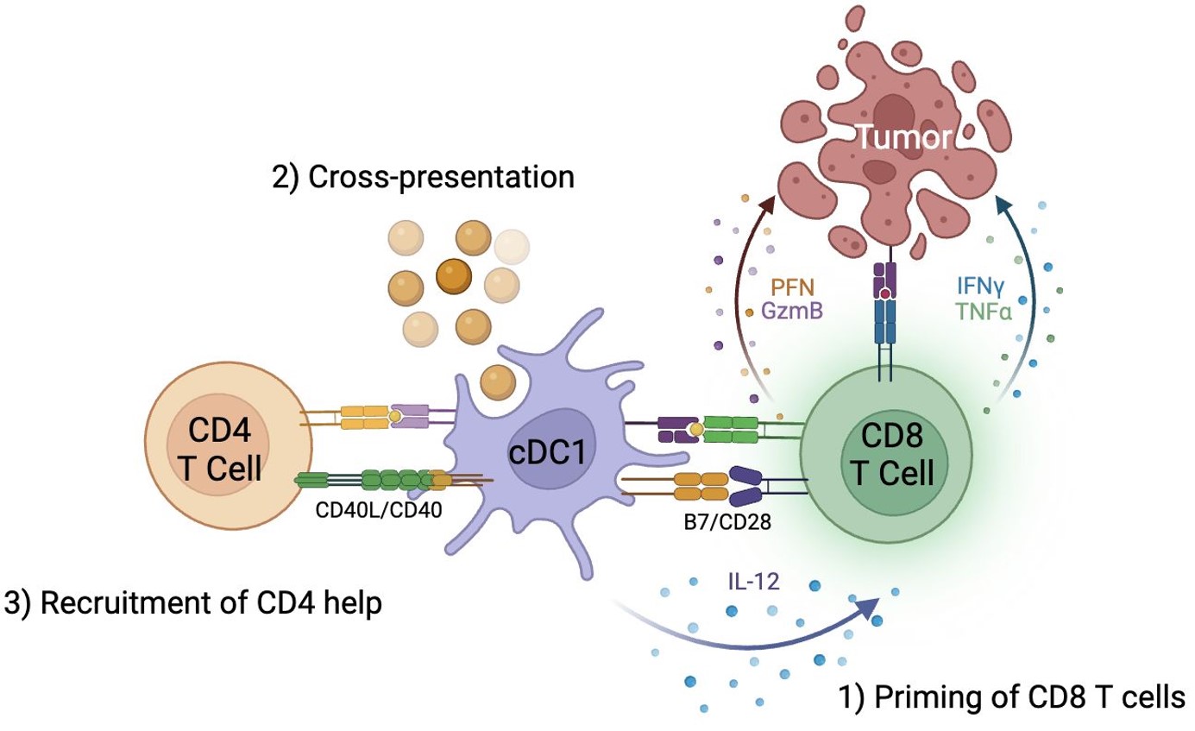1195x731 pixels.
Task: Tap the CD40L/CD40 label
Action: [381, 509]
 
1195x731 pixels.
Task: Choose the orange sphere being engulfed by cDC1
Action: [497, 381]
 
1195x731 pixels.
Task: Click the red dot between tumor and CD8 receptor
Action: [885, 296]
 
